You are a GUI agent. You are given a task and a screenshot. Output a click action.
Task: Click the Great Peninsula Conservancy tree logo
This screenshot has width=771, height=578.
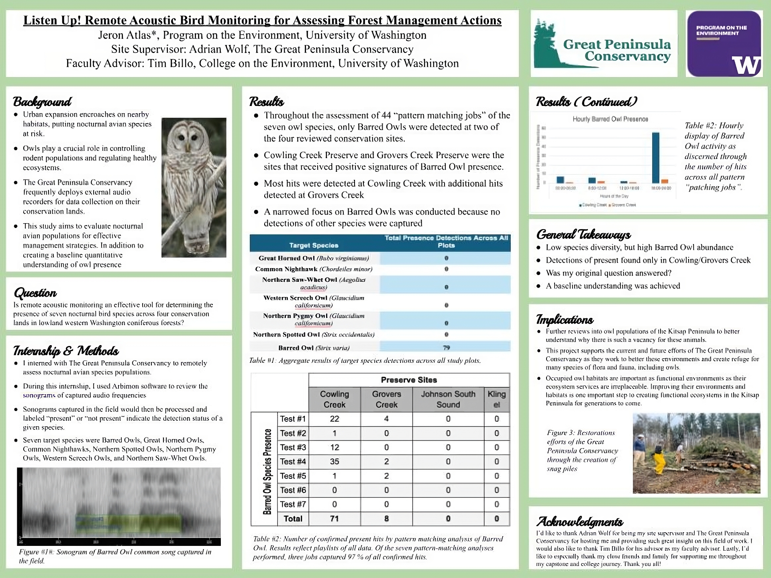(x=548, y=44)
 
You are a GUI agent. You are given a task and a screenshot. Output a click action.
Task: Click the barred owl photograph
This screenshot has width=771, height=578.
(x=194, y=187)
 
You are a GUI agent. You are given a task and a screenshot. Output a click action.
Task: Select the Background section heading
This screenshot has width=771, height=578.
(x=42, y=102)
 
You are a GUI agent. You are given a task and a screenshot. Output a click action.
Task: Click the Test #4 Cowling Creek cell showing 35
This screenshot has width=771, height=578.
(x=335, y=462)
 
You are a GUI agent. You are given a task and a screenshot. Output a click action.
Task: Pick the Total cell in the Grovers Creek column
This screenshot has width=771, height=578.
(x=386, y=519)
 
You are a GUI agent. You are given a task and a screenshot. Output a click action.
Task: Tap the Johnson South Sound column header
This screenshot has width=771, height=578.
(x=448, y=399)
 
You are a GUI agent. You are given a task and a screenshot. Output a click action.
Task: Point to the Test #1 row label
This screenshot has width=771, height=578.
(x=293, y=419)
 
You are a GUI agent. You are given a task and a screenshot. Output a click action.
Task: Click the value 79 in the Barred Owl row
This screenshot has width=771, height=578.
(x=446, y=348)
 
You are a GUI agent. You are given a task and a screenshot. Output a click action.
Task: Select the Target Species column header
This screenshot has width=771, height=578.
(x=314, y=245)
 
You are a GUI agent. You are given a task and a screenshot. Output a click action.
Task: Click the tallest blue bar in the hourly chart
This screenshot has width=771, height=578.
(x=655, y=158)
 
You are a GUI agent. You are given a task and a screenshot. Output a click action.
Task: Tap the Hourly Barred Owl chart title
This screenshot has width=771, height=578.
(x=610, y=119)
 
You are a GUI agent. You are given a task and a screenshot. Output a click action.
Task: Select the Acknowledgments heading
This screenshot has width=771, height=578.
(x=579, y=521)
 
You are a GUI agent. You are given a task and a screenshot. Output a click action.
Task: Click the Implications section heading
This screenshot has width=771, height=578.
(x=565, y=320)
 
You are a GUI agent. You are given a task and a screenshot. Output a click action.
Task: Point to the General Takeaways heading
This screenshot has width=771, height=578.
(x=583, y=234)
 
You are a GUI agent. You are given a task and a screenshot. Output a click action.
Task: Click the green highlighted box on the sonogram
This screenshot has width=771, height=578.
(x=128, y=522)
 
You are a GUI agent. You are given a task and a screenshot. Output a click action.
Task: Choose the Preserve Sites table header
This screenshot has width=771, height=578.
(x=409, y=380)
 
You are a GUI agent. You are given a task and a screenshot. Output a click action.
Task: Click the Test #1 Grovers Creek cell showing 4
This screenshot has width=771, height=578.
(x=386, y=419)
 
